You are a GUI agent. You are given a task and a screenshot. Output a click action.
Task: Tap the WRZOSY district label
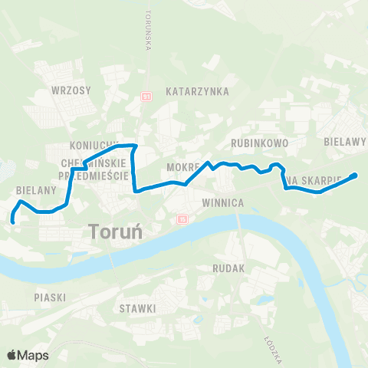tap(71, 90)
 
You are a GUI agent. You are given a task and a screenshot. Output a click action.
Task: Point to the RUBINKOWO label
tap(259, 143)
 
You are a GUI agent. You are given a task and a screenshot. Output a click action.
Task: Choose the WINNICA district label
tap(222, 203)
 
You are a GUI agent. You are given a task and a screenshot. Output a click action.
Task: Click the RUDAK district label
tap(229, 269)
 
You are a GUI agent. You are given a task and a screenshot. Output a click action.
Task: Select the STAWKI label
tap(138, 308)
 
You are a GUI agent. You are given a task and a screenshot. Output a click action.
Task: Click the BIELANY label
tap(33, 189)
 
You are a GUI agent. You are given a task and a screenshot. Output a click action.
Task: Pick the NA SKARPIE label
tap(314, 180)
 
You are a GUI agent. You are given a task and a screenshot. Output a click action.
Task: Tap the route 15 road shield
tap(182, 219)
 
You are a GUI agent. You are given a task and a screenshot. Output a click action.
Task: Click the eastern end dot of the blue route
tap(354, 176)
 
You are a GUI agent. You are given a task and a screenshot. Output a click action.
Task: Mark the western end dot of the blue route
tap(13, 221)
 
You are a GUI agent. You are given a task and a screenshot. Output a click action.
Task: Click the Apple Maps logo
tap(28, 355)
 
